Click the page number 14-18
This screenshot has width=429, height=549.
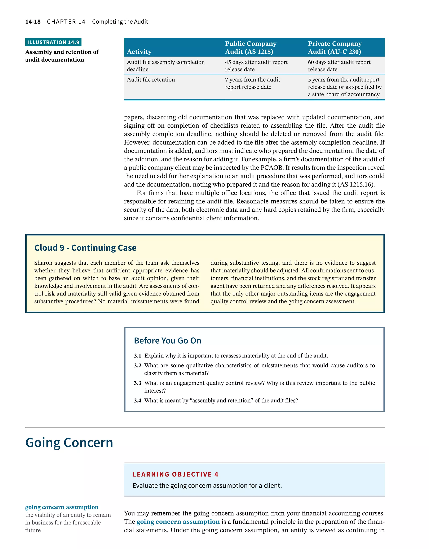point(33,22)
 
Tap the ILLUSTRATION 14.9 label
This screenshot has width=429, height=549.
point(53,42)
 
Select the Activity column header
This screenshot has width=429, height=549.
point(139,52)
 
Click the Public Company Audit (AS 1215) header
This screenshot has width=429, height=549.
point(251,48)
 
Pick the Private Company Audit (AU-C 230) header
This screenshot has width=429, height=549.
point(335,48)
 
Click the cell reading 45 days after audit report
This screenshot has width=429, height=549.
point(256,65)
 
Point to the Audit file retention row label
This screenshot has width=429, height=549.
point(151,80)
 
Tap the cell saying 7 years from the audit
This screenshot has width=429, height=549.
point(252,83)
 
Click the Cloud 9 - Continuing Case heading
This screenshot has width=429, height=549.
point(85,248)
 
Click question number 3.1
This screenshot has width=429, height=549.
point(137,356)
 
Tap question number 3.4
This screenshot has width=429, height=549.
point(137,400)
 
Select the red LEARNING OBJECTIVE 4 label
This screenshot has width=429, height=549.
point(175,474)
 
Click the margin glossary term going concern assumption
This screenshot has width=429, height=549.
point(62,507)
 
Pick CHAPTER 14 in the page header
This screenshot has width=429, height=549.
point(66,22)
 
